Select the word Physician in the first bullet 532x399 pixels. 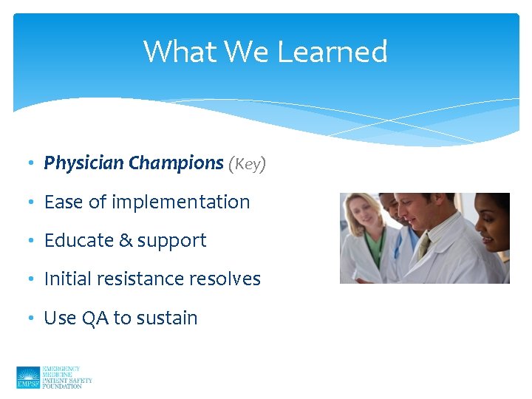pos(83,163)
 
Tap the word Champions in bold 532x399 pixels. pos(176,163)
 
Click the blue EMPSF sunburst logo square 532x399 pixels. pos(28,378)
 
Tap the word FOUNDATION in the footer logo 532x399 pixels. pos(63,386)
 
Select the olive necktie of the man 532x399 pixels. pos(424,245)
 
